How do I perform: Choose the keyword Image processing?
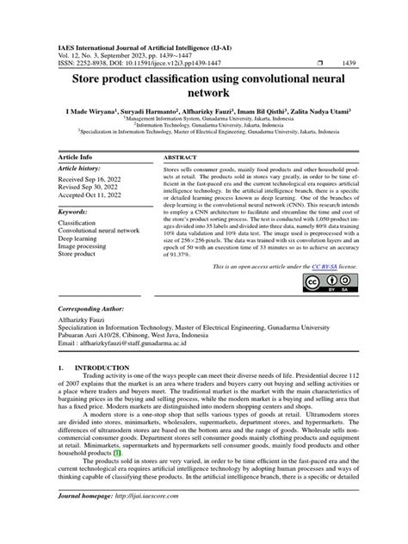tap(83, 247)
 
